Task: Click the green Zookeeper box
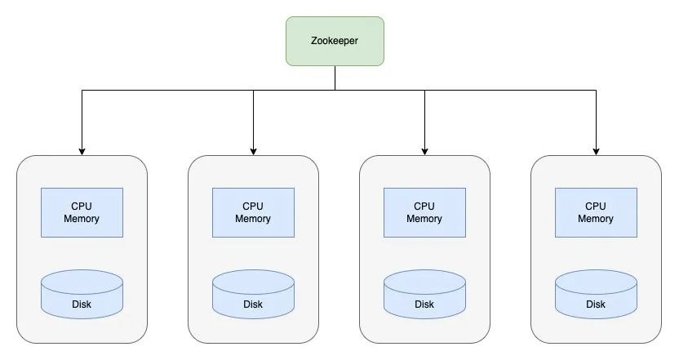point(335,41)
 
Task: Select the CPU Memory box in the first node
point(82,212)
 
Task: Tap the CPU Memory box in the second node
point(253,212)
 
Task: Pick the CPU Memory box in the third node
point(424,212)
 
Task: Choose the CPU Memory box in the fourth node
point(596,212)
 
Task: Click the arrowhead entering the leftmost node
point(82,150)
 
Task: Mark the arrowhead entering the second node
point(253,150)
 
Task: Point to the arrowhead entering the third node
point(424,150)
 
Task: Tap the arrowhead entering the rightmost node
point(596,150)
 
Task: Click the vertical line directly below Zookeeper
point(335,78)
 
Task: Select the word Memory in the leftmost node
point(82,219)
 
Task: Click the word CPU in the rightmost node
point(596,207)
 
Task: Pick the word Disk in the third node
point(424,304)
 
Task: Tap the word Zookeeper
point(335,41)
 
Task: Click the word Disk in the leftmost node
point(82,304)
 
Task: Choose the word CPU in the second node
point(253,207)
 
